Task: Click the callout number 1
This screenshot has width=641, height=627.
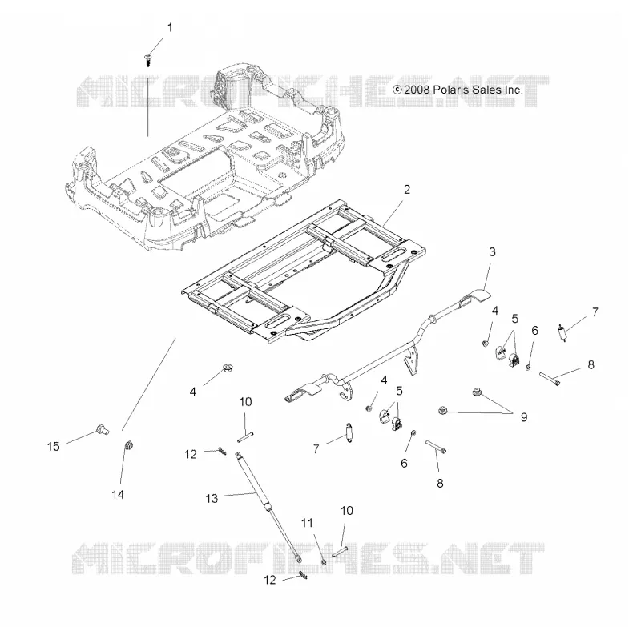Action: pos(170,28)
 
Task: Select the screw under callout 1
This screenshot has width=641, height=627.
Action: pos(148,61)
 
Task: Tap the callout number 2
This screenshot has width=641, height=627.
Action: pos(407,190)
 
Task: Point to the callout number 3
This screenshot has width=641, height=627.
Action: pos(492,252)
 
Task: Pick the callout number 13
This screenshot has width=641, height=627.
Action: pos(212,498)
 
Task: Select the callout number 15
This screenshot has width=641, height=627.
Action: pos(53,447)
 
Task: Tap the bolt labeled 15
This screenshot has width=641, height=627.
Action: pos(102,429)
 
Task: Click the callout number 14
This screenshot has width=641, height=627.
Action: pos(118,495)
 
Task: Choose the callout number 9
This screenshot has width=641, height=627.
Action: pos(524,417)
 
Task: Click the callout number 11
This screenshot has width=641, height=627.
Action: pos(307,523)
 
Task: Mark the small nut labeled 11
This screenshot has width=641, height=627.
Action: pos(324,561)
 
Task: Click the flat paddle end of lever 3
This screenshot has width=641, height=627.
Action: pos(477,295)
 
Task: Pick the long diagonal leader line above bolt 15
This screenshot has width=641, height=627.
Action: pos(149,384)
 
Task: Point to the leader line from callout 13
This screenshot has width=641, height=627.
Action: pos(240,495)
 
